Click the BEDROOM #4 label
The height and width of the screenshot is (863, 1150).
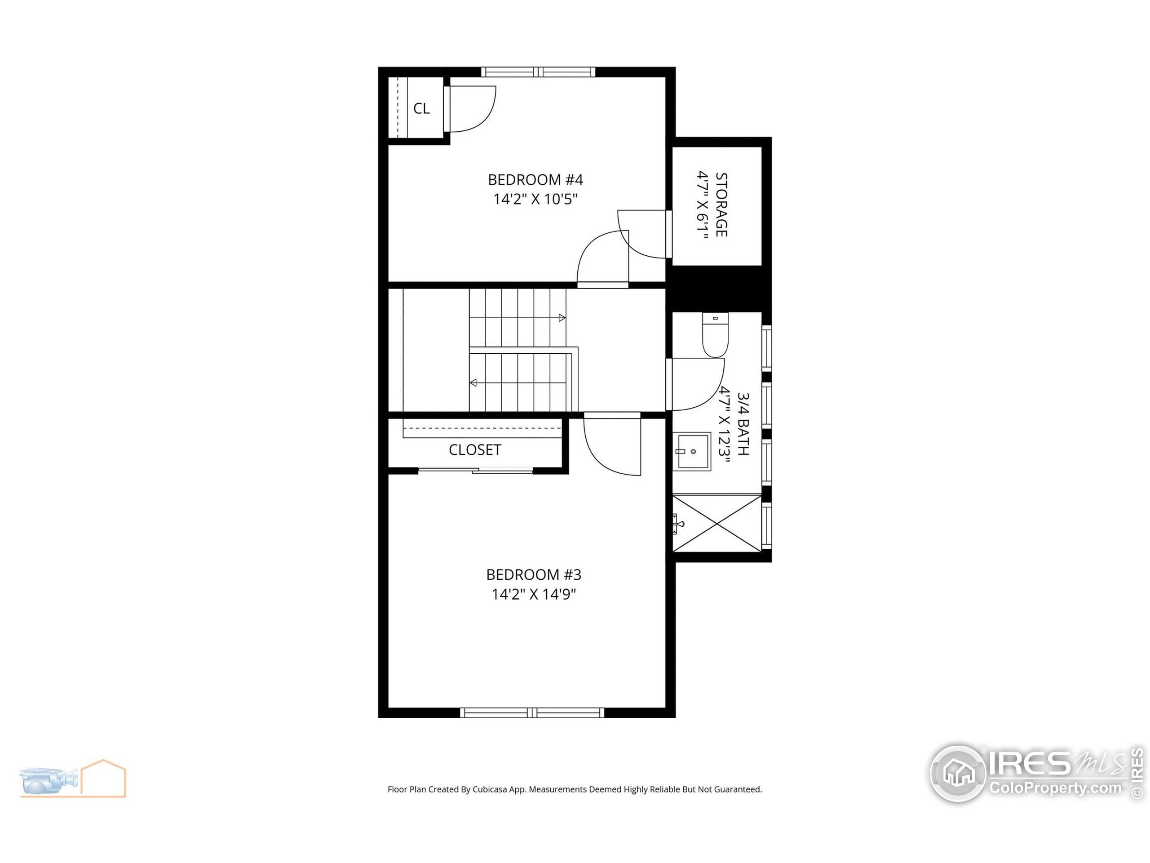535,180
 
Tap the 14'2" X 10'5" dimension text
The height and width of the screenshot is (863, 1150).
535,199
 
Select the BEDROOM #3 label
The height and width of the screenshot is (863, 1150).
533,575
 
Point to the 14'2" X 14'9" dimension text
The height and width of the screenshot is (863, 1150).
533,594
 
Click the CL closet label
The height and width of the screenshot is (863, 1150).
421,109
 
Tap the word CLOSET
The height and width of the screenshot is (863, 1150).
475,450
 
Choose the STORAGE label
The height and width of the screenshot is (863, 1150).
721,205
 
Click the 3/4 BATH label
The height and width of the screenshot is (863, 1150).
743,424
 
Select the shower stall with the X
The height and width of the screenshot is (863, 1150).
717,523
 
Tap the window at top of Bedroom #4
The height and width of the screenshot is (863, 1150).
538,72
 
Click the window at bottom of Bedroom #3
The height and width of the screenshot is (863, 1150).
532,713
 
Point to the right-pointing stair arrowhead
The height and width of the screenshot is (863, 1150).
562,317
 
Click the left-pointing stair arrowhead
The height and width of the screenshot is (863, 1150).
473,383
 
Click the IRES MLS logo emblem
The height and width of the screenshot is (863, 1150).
957,774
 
